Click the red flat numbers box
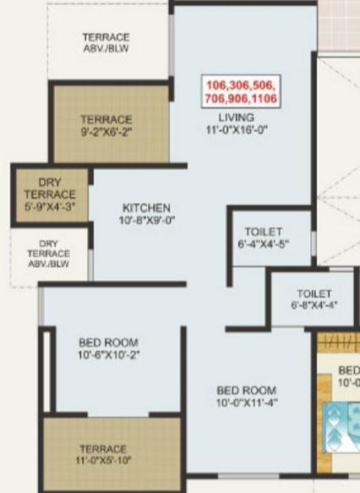[x=241, y=91]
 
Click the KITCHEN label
[x=146, y=208]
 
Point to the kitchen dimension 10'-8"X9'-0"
[x=146, y=222]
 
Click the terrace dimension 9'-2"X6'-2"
[x=106, y=132]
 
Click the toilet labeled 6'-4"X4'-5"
[x=264, y=238]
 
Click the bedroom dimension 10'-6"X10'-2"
[x=108, y=356]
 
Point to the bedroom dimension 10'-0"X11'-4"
[x=246, y=403]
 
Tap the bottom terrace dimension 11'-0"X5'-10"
[x=103, y=462]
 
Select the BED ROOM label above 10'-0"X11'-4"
[x=246, y=390]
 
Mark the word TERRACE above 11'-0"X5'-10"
[x=103, y=449]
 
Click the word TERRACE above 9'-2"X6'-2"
[x=106, y=119]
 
